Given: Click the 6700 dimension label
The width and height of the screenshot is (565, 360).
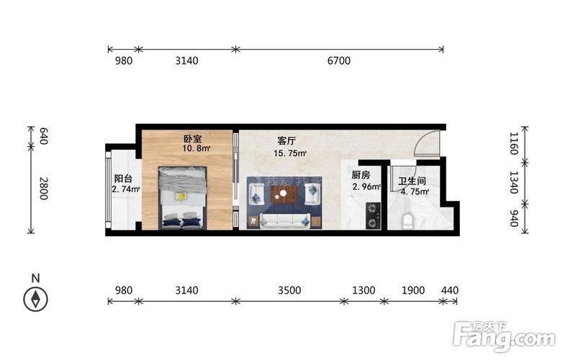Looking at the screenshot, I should click(338, 61).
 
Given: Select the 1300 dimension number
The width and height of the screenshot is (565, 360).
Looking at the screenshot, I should click(364, 291).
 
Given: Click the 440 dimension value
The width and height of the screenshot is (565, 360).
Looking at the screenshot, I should click(449, 291).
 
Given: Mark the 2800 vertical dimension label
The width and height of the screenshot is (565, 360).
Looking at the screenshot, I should click(44, 188).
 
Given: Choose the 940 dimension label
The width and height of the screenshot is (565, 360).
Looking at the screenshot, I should click(512, 219).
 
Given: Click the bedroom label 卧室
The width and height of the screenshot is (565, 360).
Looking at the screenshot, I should click(191, 138).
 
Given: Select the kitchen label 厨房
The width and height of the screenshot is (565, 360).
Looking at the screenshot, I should click(361, 175).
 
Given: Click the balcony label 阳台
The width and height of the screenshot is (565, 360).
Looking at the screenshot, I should click(123, 179).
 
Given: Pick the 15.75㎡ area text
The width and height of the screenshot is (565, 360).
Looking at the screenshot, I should click(290, 153).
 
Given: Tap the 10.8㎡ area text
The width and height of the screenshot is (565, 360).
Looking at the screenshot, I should click(196, 149).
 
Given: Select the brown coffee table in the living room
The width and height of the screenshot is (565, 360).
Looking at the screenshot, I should click(285, 192).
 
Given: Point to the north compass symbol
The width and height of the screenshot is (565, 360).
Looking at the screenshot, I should click(35, 299).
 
